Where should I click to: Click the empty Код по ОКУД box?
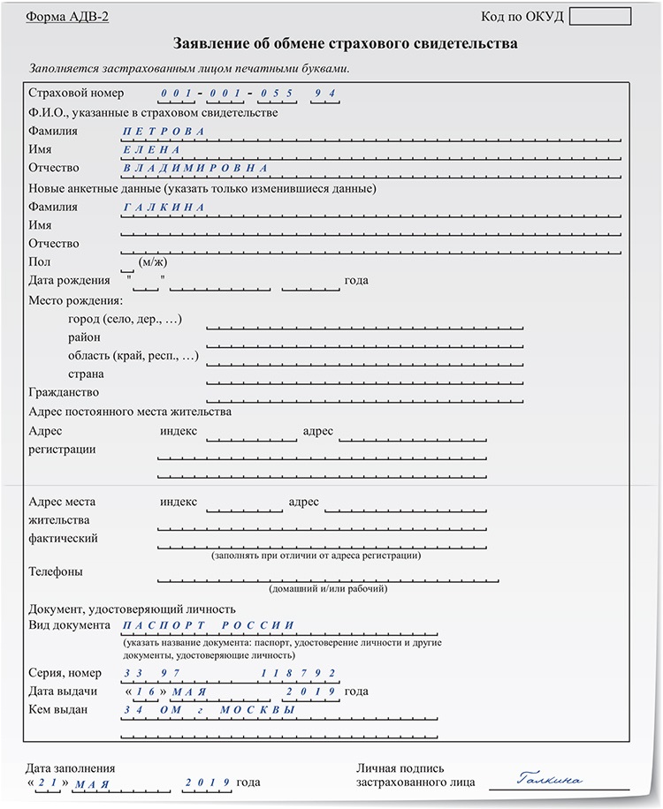click(600, 17)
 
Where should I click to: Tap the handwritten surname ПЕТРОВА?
click(164, 132)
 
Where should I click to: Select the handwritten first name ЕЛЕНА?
click(153, 150)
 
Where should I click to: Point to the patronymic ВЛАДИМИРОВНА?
click(195, 168)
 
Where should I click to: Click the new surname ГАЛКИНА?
click(164, 208)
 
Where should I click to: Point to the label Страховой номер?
click(76, 93)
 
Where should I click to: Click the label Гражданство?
click(64, 392)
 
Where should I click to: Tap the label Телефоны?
click(56, 571)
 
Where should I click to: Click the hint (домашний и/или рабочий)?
click(328, 588)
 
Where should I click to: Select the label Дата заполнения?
click(71, 768)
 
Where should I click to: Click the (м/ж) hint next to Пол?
click(153, 262)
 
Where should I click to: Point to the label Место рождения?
click(75, 300)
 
